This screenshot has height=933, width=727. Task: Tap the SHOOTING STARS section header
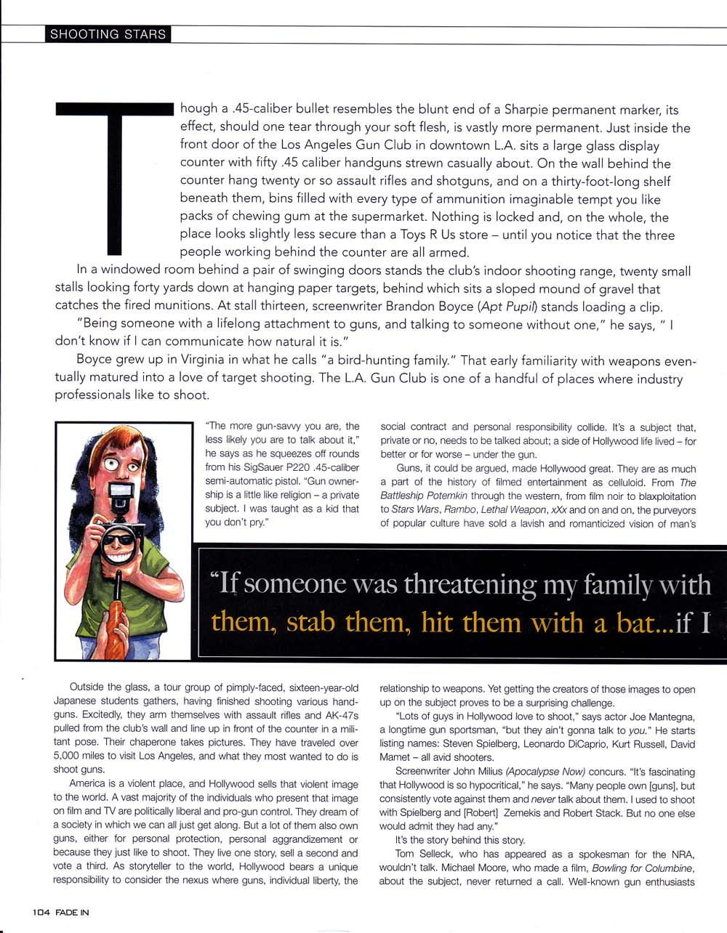[x=108, y=34]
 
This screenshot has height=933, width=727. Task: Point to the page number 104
[x=40, y=912]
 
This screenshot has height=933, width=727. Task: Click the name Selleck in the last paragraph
[x=439, y=854]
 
